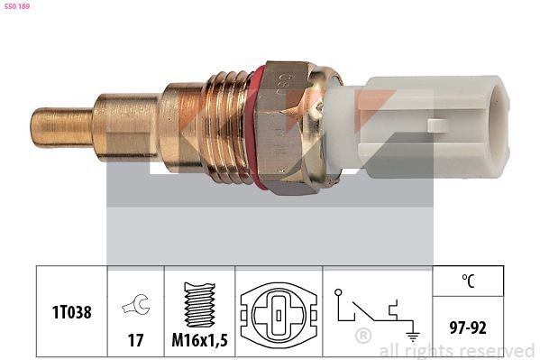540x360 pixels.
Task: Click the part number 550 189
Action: (17, 6)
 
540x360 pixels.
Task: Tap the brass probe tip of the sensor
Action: (62, 127)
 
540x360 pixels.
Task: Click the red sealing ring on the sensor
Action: (255, 127)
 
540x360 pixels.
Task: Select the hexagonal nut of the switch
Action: (288, 127)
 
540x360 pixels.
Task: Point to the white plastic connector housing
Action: (418, 127)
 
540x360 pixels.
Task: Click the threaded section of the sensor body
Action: (227, 127)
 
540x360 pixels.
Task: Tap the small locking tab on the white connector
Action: (437, 125)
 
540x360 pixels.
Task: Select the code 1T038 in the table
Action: (72, 312)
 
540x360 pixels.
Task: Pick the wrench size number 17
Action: (136, 340)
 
